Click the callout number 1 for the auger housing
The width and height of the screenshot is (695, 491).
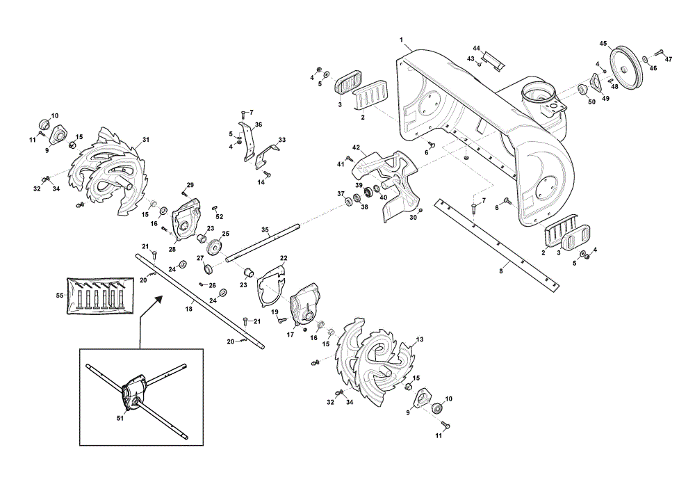pos(401,40)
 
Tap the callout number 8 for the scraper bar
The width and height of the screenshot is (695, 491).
pos(501,271)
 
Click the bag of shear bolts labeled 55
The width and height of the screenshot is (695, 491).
pos(99,296)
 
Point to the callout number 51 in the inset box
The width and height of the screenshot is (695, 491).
pos(120,418)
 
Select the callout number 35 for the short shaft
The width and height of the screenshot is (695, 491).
pos(265,230)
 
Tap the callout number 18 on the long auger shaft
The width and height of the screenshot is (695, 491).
pos(189,309)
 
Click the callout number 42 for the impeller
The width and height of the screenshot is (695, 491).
pos(356,147)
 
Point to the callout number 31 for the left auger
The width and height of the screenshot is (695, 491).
pos(146,140)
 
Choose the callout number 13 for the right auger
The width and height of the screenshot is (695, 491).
pos(419,339)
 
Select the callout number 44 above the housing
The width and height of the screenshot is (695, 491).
pos(477,48)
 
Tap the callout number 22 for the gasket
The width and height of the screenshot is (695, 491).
pos(284,258)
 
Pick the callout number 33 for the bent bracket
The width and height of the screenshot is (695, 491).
pos(282,140)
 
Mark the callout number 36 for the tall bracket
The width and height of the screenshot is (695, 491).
pos(259,124)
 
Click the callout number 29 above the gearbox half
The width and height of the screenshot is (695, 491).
pos(190,184)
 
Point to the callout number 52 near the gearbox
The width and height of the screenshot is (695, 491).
pos(220,216)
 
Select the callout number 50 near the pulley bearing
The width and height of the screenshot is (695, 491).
pos(591,102)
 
